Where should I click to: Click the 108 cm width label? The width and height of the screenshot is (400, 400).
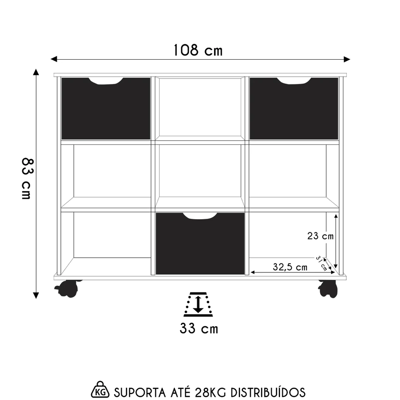pos(198,50)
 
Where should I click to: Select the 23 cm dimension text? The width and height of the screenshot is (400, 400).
pos(320,236)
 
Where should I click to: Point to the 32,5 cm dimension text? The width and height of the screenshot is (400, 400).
pos(290,267)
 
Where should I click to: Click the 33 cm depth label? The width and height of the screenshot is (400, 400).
pos(199,329)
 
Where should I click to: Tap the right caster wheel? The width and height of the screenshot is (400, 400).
pos(328,288)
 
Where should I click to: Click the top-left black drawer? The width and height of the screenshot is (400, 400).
pos(106,110)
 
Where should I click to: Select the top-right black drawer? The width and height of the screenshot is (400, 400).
pos(294,110)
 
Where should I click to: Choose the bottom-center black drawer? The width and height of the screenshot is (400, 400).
pos(200,246)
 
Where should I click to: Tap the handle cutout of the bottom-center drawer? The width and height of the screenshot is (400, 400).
pos(200,216)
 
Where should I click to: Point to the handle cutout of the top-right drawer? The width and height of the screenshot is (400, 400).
pos(294,81)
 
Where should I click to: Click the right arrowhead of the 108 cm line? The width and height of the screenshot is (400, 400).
pos(347,59)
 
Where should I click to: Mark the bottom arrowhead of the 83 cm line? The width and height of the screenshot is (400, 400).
pos(36,296)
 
